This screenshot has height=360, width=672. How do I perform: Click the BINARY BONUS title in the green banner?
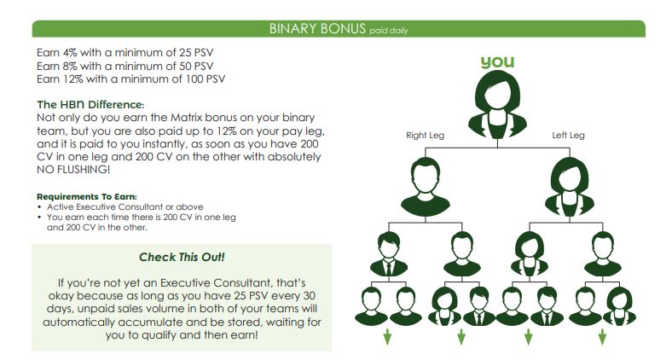click(x=317, y=28)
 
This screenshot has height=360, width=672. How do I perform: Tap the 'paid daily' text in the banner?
click(x=389, y=31)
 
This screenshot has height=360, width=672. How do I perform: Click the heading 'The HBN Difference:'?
click(x=91, y=105)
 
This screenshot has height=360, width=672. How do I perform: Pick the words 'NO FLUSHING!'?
click(x=73, y=169)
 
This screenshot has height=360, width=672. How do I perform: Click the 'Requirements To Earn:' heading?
click(x=87, y=197)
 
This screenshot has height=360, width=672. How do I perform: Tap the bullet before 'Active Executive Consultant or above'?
click(x=39, y=207)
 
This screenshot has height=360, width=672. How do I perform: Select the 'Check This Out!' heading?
click(x=182, y=257)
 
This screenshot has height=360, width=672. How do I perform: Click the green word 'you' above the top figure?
click(x=497, y=62)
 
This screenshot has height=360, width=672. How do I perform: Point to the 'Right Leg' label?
click(x=426, y=136)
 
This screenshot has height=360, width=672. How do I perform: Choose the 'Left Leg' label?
click(x=568, y=136)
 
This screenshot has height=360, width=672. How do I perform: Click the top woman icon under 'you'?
click(x=497, y=104)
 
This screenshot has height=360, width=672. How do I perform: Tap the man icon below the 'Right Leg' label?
click(x=426, y=187)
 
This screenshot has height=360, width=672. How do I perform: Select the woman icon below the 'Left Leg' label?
click(x=570, y=187)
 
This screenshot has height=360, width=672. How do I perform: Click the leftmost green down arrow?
click(x=387, y=337)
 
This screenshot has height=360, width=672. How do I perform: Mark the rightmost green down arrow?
click(x=602, y=337)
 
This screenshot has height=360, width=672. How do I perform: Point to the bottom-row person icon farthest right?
click(x=620, y=306)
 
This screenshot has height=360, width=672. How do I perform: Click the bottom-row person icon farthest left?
click(x=371, y=306)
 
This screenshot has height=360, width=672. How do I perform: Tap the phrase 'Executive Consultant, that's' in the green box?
click(x=233, y=283)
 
